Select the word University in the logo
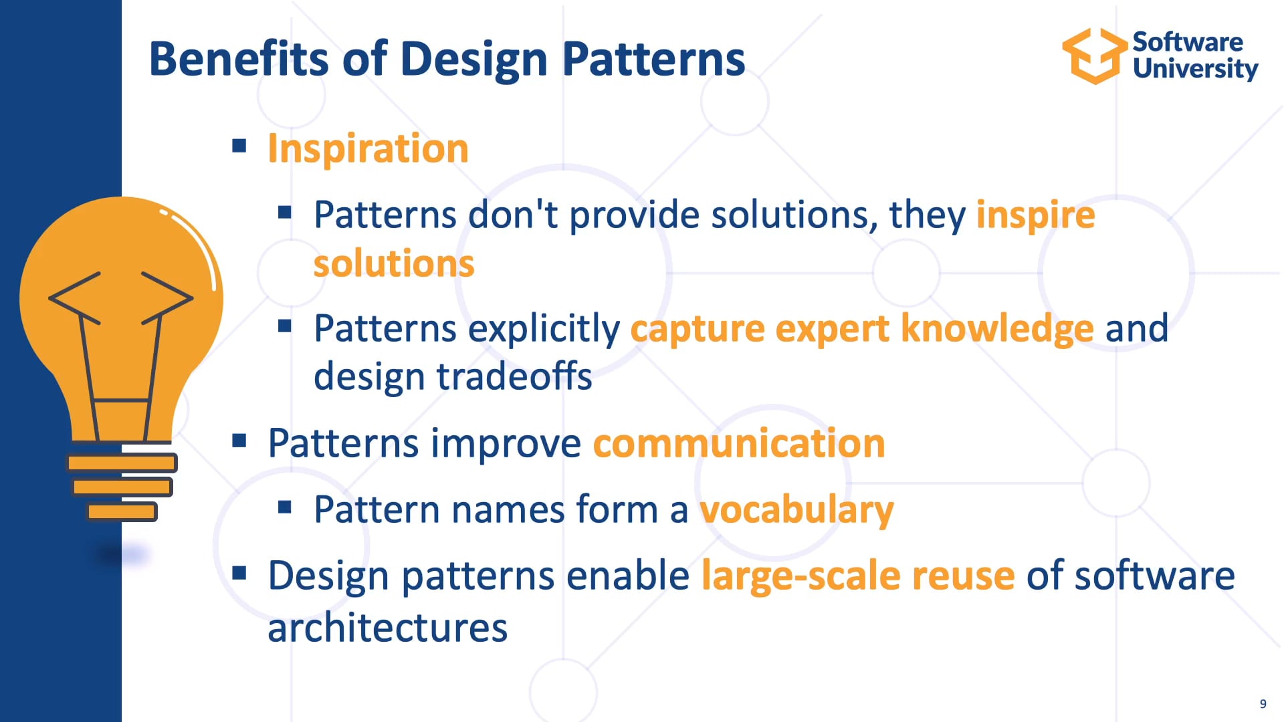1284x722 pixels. (x=1195, y=69)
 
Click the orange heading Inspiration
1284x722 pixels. (x=368, y=148)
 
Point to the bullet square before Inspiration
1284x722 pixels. (x=239, y=146)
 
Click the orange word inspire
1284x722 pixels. (x=1035, y=215)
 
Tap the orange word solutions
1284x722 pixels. (x=394, y=263)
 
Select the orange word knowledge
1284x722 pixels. (x=996, y=329)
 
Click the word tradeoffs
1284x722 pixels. (x=514, y=376)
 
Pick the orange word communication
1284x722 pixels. (x=738, y=443)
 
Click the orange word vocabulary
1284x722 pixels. (x=796, y=510)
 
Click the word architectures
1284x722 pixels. (x=387, y=628)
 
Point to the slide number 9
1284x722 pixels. (x=1263, y=703)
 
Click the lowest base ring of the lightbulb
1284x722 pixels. (x=122, y=512)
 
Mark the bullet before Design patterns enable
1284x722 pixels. (x=239, y=574)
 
